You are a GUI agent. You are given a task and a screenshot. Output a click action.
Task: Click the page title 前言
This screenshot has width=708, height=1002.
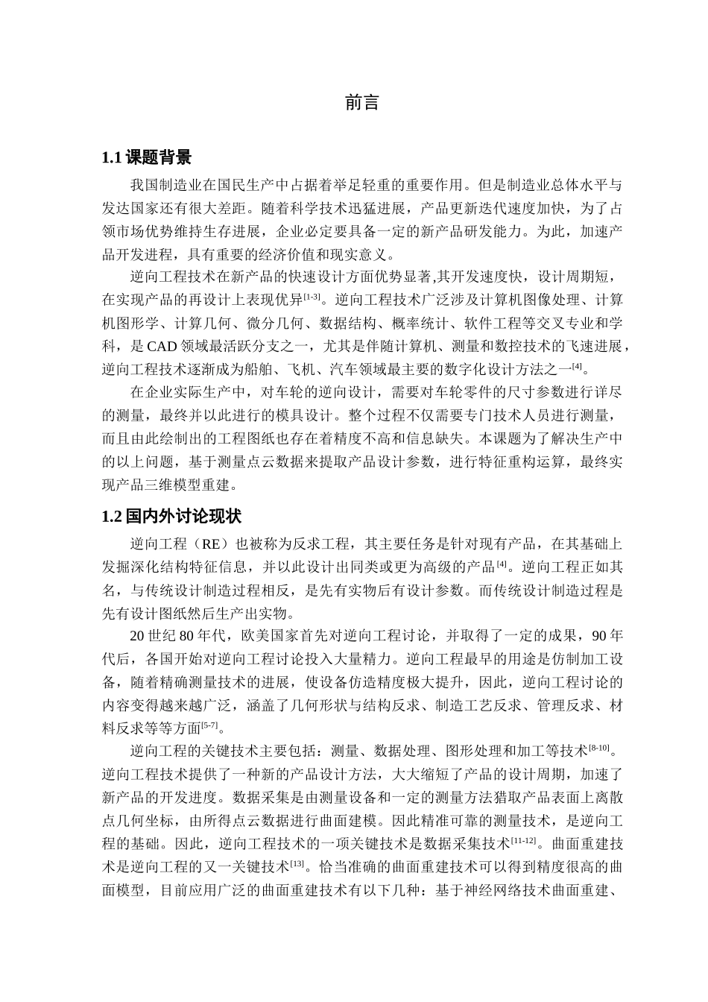click(362, 103)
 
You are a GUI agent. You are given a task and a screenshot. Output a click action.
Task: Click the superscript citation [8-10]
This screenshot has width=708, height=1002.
click(599, 747)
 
